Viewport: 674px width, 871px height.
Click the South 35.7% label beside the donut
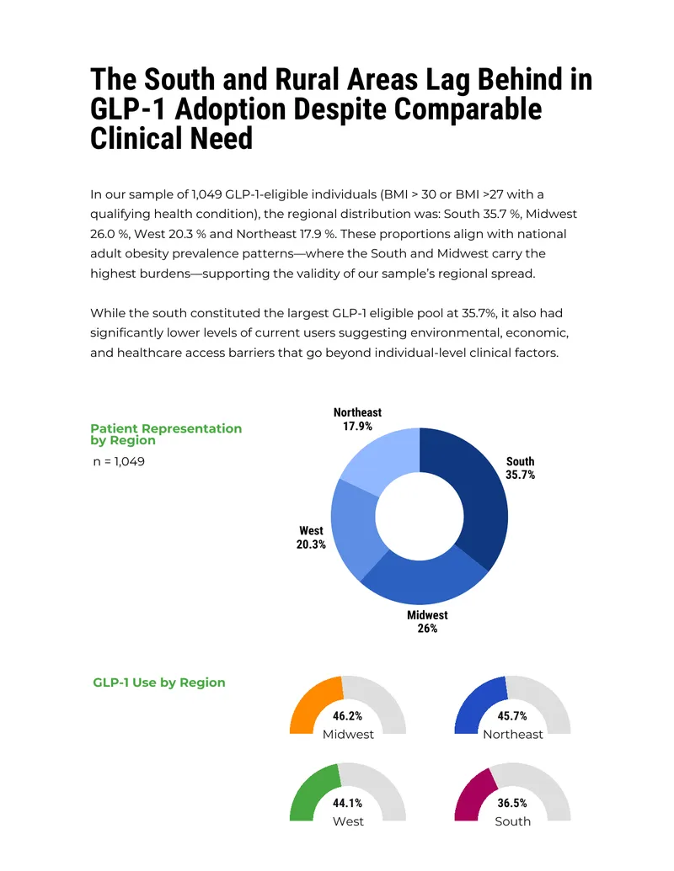(520, 468)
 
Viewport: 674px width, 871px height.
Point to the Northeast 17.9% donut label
(357, 419)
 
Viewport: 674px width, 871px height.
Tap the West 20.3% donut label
(311, 537)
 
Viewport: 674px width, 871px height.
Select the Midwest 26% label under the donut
(427, 622)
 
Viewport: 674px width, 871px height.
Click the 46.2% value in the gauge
(348, 716)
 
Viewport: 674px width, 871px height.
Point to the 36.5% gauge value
(512, 803)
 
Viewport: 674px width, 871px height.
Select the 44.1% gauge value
(348, 803)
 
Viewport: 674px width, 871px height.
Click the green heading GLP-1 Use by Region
(159, 682)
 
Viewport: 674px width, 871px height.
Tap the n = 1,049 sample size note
(119, 462)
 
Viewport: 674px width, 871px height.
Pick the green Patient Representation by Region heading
(166, 434)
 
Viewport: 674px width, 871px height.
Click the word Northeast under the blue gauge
(513, 735)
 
